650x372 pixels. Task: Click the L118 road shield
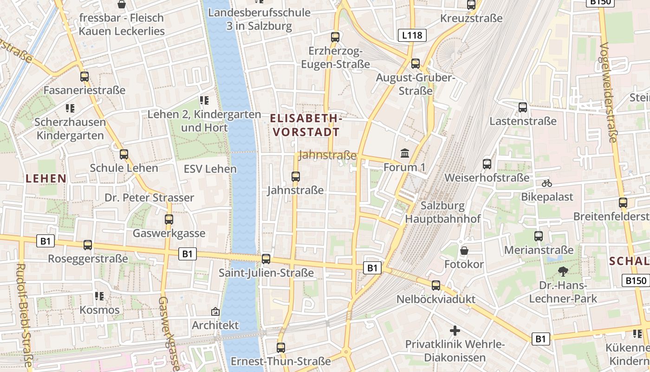coord(412,35)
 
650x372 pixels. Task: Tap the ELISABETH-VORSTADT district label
coord(306,126)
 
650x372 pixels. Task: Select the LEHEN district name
coord(46,178)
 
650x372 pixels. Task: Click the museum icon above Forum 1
coord(404,153)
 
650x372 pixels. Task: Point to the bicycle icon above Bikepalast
coord(547,183)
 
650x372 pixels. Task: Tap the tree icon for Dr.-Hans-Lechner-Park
coord(563,271)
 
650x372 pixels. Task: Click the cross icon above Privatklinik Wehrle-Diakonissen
coord(455,331)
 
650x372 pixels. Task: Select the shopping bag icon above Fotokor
coord(464,251)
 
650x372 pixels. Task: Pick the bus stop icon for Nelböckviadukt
coord(436,285)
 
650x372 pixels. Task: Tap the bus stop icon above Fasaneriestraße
coord(84,76)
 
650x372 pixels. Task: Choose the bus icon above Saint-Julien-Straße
coord(266,259)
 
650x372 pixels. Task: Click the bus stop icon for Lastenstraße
coord(523,107)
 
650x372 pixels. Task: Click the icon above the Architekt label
coord(215,311)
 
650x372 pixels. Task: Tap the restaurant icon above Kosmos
coord(99,296)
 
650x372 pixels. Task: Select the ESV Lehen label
coord(210,169)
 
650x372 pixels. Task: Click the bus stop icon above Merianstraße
coord(538,236)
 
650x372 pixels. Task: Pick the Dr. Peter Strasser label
coord(149,198)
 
